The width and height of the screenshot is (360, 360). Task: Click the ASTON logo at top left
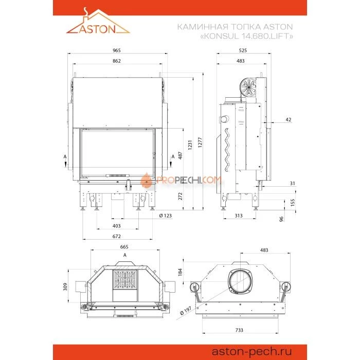98,21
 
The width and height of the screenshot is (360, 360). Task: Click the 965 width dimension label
117,50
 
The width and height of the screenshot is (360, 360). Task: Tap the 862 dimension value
117,61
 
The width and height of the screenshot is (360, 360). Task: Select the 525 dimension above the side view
243,50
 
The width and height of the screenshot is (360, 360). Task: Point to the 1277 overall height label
200,142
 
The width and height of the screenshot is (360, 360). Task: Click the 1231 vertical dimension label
190,145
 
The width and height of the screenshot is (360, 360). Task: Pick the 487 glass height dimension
180,155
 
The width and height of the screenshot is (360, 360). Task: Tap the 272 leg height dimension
180,196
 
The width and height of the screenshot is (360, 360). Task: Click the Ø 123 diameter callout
165,215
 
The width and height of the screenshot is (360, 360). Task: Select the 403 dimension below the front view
117,226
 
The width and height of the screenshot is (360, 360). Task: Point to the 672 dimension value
117,236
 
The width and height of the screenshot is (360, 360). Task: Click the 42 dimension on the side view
289,119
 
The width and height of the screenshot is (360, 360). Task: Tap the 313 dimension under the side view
239,215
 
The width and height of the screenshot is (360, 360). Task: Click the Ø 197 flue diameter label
186,311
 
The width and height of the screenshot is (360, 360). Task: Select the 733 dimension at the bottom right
239,330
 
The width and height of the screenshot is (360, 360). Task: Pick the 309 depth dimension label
65,286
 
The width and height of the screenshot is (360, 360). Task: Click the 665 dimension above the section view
124,247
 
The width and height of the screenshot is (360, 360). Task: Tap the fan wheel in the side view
248,87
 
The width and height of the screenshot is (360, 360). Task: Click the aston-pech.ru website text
251,351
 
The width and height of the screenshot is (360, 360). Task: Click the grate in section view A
125,279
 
